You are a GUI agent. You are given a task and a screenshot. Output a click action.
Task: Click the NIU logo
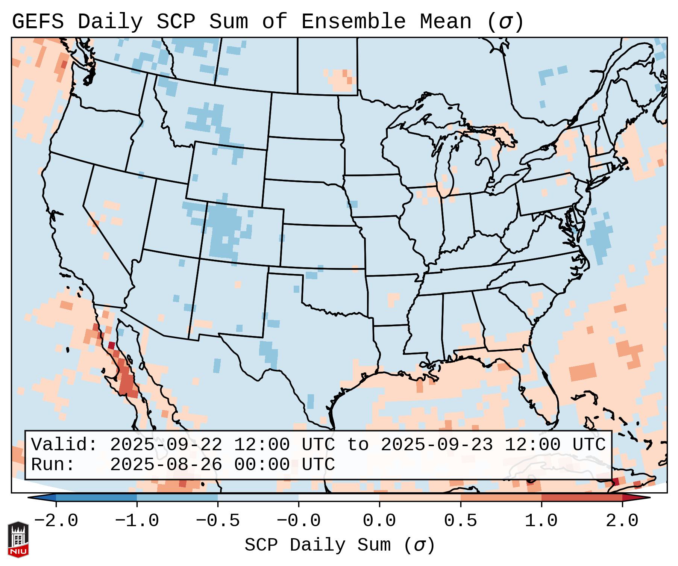point(18,539)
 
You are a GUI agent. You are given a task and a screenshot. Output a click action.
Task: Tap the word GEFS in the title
point(38,22)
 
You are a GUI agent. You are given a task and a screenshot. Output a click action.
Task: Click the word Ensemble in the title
point(353,22)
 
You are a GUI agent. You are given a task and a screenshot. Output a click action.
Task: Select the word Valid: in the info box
point(64,445)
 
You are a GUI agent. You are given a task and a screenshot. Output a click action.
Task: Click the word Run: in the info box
point(53,465)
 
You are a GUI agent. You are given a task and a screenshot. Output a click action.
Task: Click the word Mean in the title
point(446,22)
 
